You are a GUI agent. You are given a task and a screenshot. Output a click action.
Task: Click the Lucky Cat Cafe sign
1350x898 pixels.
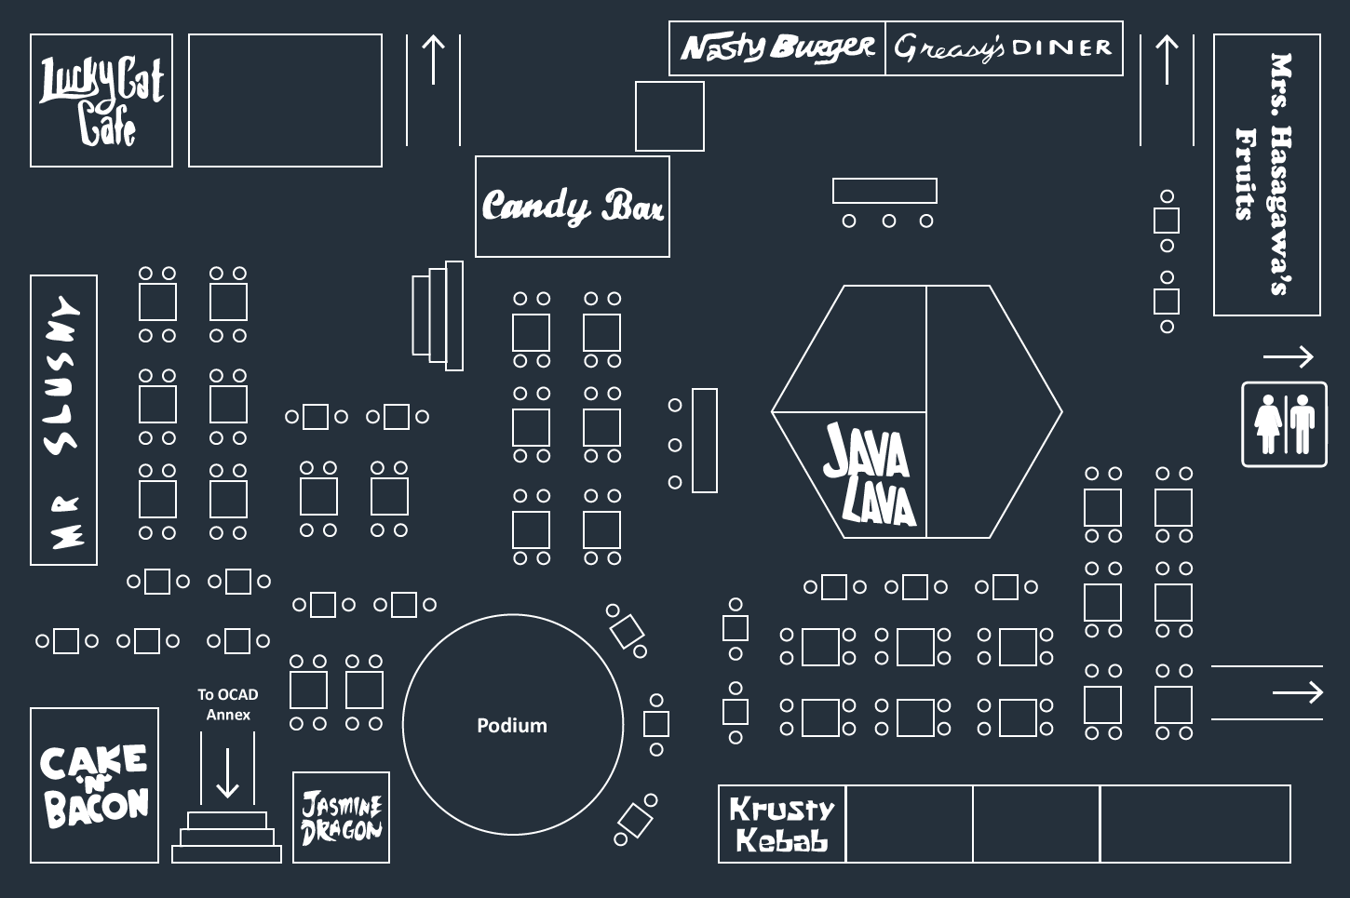101,101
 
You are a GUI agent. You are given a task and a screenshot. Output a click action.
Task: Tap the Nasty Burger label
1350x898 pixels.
776,48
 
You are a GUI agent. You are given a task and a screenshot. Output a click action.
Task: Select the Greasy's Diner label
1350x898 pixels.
1003,48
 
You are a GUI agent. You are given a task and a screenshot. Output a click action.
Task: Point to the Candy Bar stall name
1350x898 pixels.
573,206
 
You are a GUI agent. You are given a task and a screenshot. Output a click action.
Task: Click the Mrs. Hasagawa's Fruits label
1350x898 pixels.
1264,175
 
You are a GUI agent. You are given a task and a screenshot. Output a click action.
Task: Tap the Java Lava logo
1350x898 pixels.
870,474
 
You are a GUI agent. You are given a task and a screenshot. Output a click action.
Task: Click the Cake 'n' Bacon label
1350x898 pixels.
94,785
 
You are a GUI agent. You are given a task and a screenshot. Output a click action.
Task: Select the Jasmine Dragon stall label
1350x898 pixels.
341,818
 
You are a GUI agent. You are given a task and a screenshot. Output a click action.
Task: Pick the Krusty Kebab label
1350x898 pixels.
782,824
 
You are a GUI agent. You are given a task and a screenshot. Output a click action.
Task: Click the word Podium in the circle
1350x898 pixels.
512,725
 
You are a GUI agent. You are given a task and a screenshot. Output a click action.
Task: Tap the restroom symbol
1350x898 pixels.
1284,424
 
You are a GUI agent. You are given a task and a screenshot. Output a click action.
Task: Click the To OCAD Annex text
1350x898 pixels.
228,704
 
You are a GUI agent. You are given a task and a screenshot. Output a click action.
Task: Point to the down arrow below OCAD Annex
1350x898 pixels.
227,772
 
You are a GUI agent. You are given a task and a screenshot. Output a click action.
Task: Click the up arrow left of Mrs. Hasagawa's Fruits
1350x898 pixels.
1167,59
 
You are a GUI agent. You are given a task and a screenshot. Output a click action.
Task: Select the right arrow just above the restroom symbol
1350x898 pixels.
1289,356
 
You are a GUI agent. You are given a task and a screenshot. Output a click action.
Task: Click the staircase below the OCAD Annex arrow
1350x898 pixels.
226,838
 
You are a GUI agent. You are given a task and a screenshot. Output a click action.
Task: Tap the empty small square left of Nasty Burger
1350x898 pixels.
669,116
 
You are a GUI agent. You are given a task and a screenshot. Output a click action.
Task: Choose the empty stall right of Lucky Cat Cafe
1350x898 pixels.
285,100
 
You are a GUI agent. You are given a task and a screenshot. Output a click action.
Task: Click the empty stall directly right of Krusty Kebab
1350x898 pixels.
910,824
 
